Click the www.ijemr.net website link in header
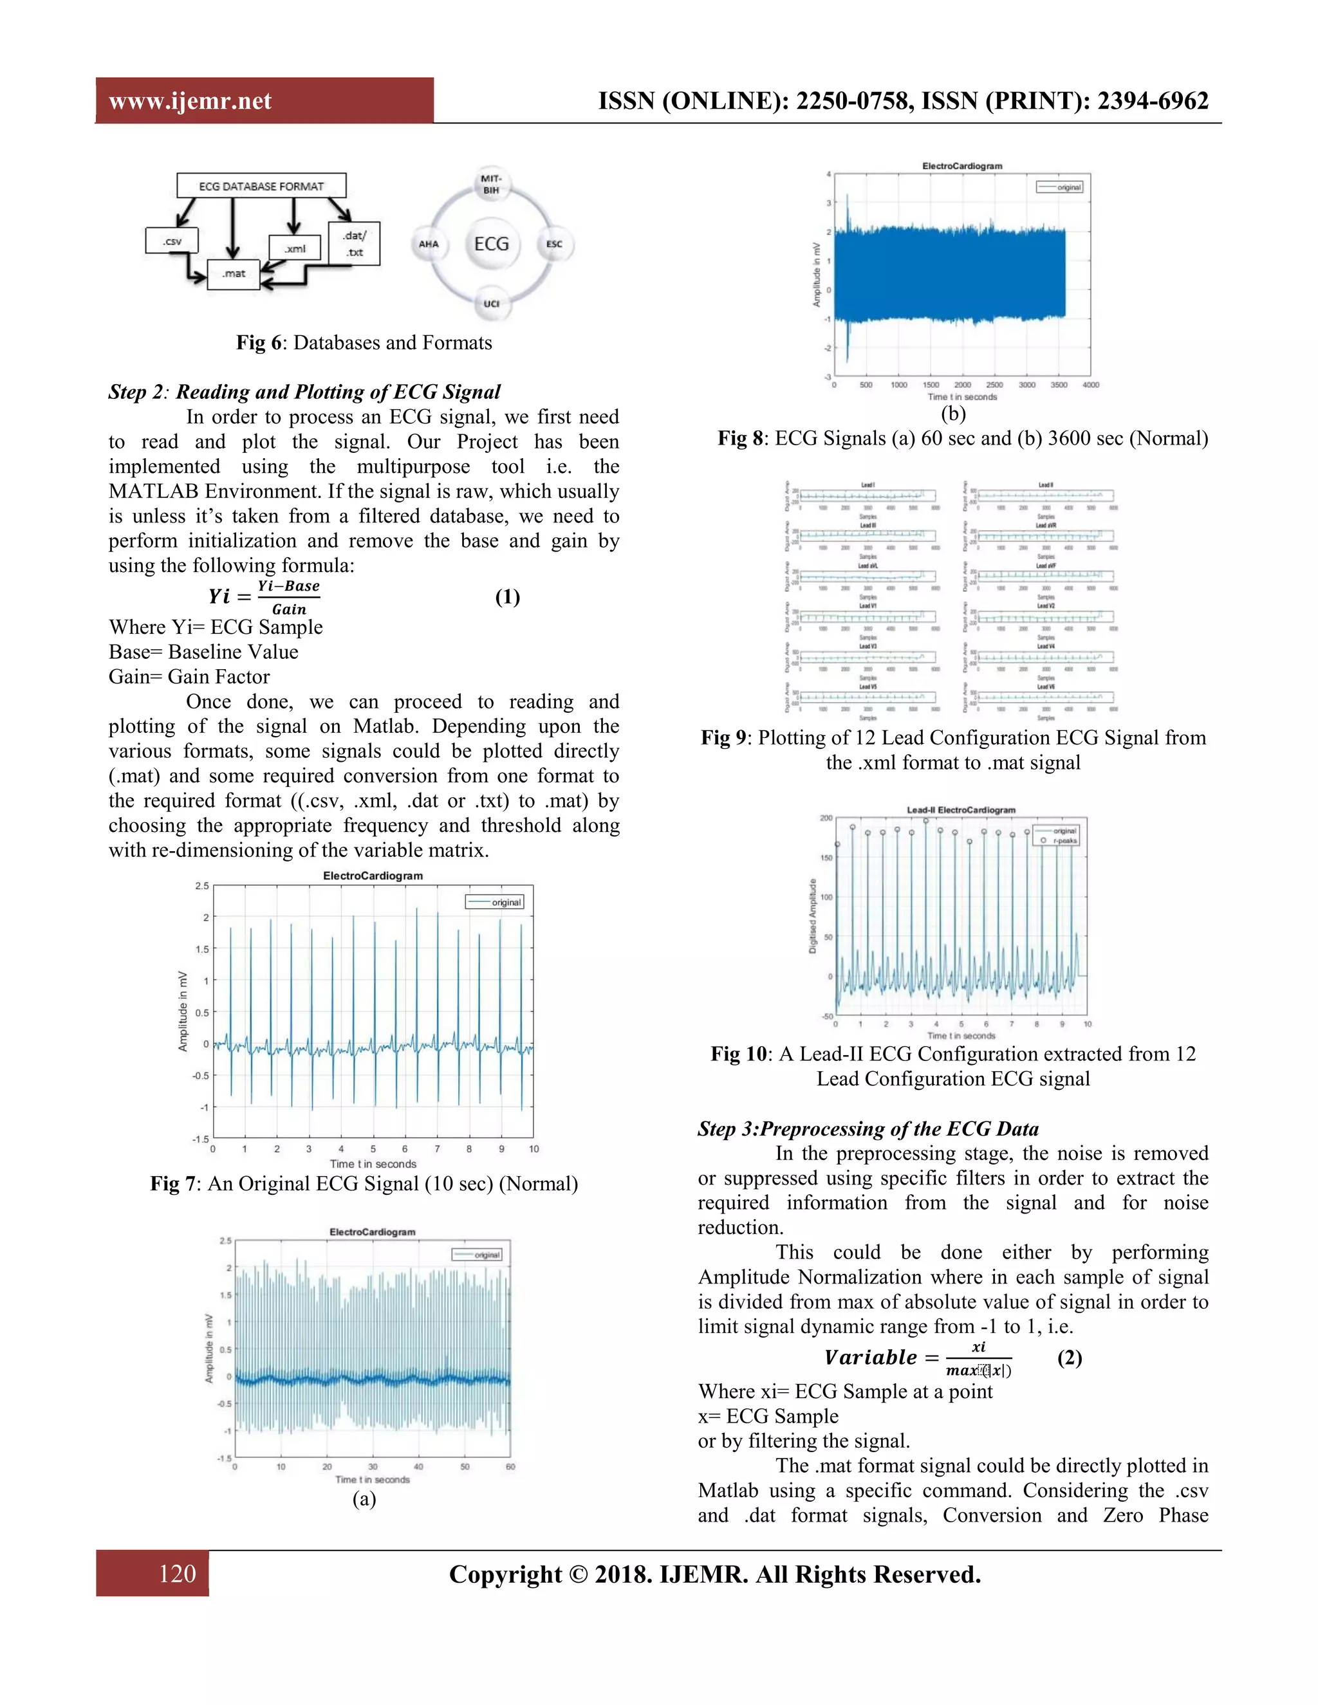click(x=190, y=101)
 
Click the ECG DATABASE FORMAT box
click(x=261, y=186)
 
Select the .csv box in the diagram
click(x=172, y=241)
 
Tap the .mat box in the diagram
click(x=233, y=274)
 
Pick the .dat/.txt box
click(x=355, y=244)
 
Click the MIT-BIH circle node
click(x=490, y=184)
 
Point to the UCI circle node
click(x=491, y=303)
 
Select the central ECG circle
click(x=491, y=244)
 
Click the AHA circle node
click(x=429, y=244)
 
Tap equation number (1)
click(x=508, y=597)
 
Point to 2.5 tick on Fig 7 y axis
click(x=201, y=885)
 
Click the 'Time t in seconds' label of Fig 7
click(x=373, y=1163)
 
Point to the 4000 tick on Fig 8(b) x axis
click(x=1090, y=385)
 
